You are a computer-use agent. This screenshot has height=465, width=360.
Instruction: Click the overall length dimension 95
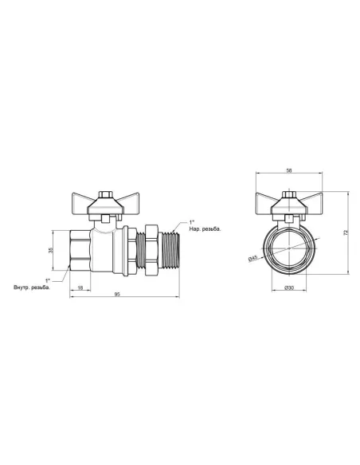click(117, 295)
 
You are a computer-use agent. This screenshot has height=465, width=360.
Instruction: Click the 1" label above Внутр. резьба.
click(49, 279)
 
